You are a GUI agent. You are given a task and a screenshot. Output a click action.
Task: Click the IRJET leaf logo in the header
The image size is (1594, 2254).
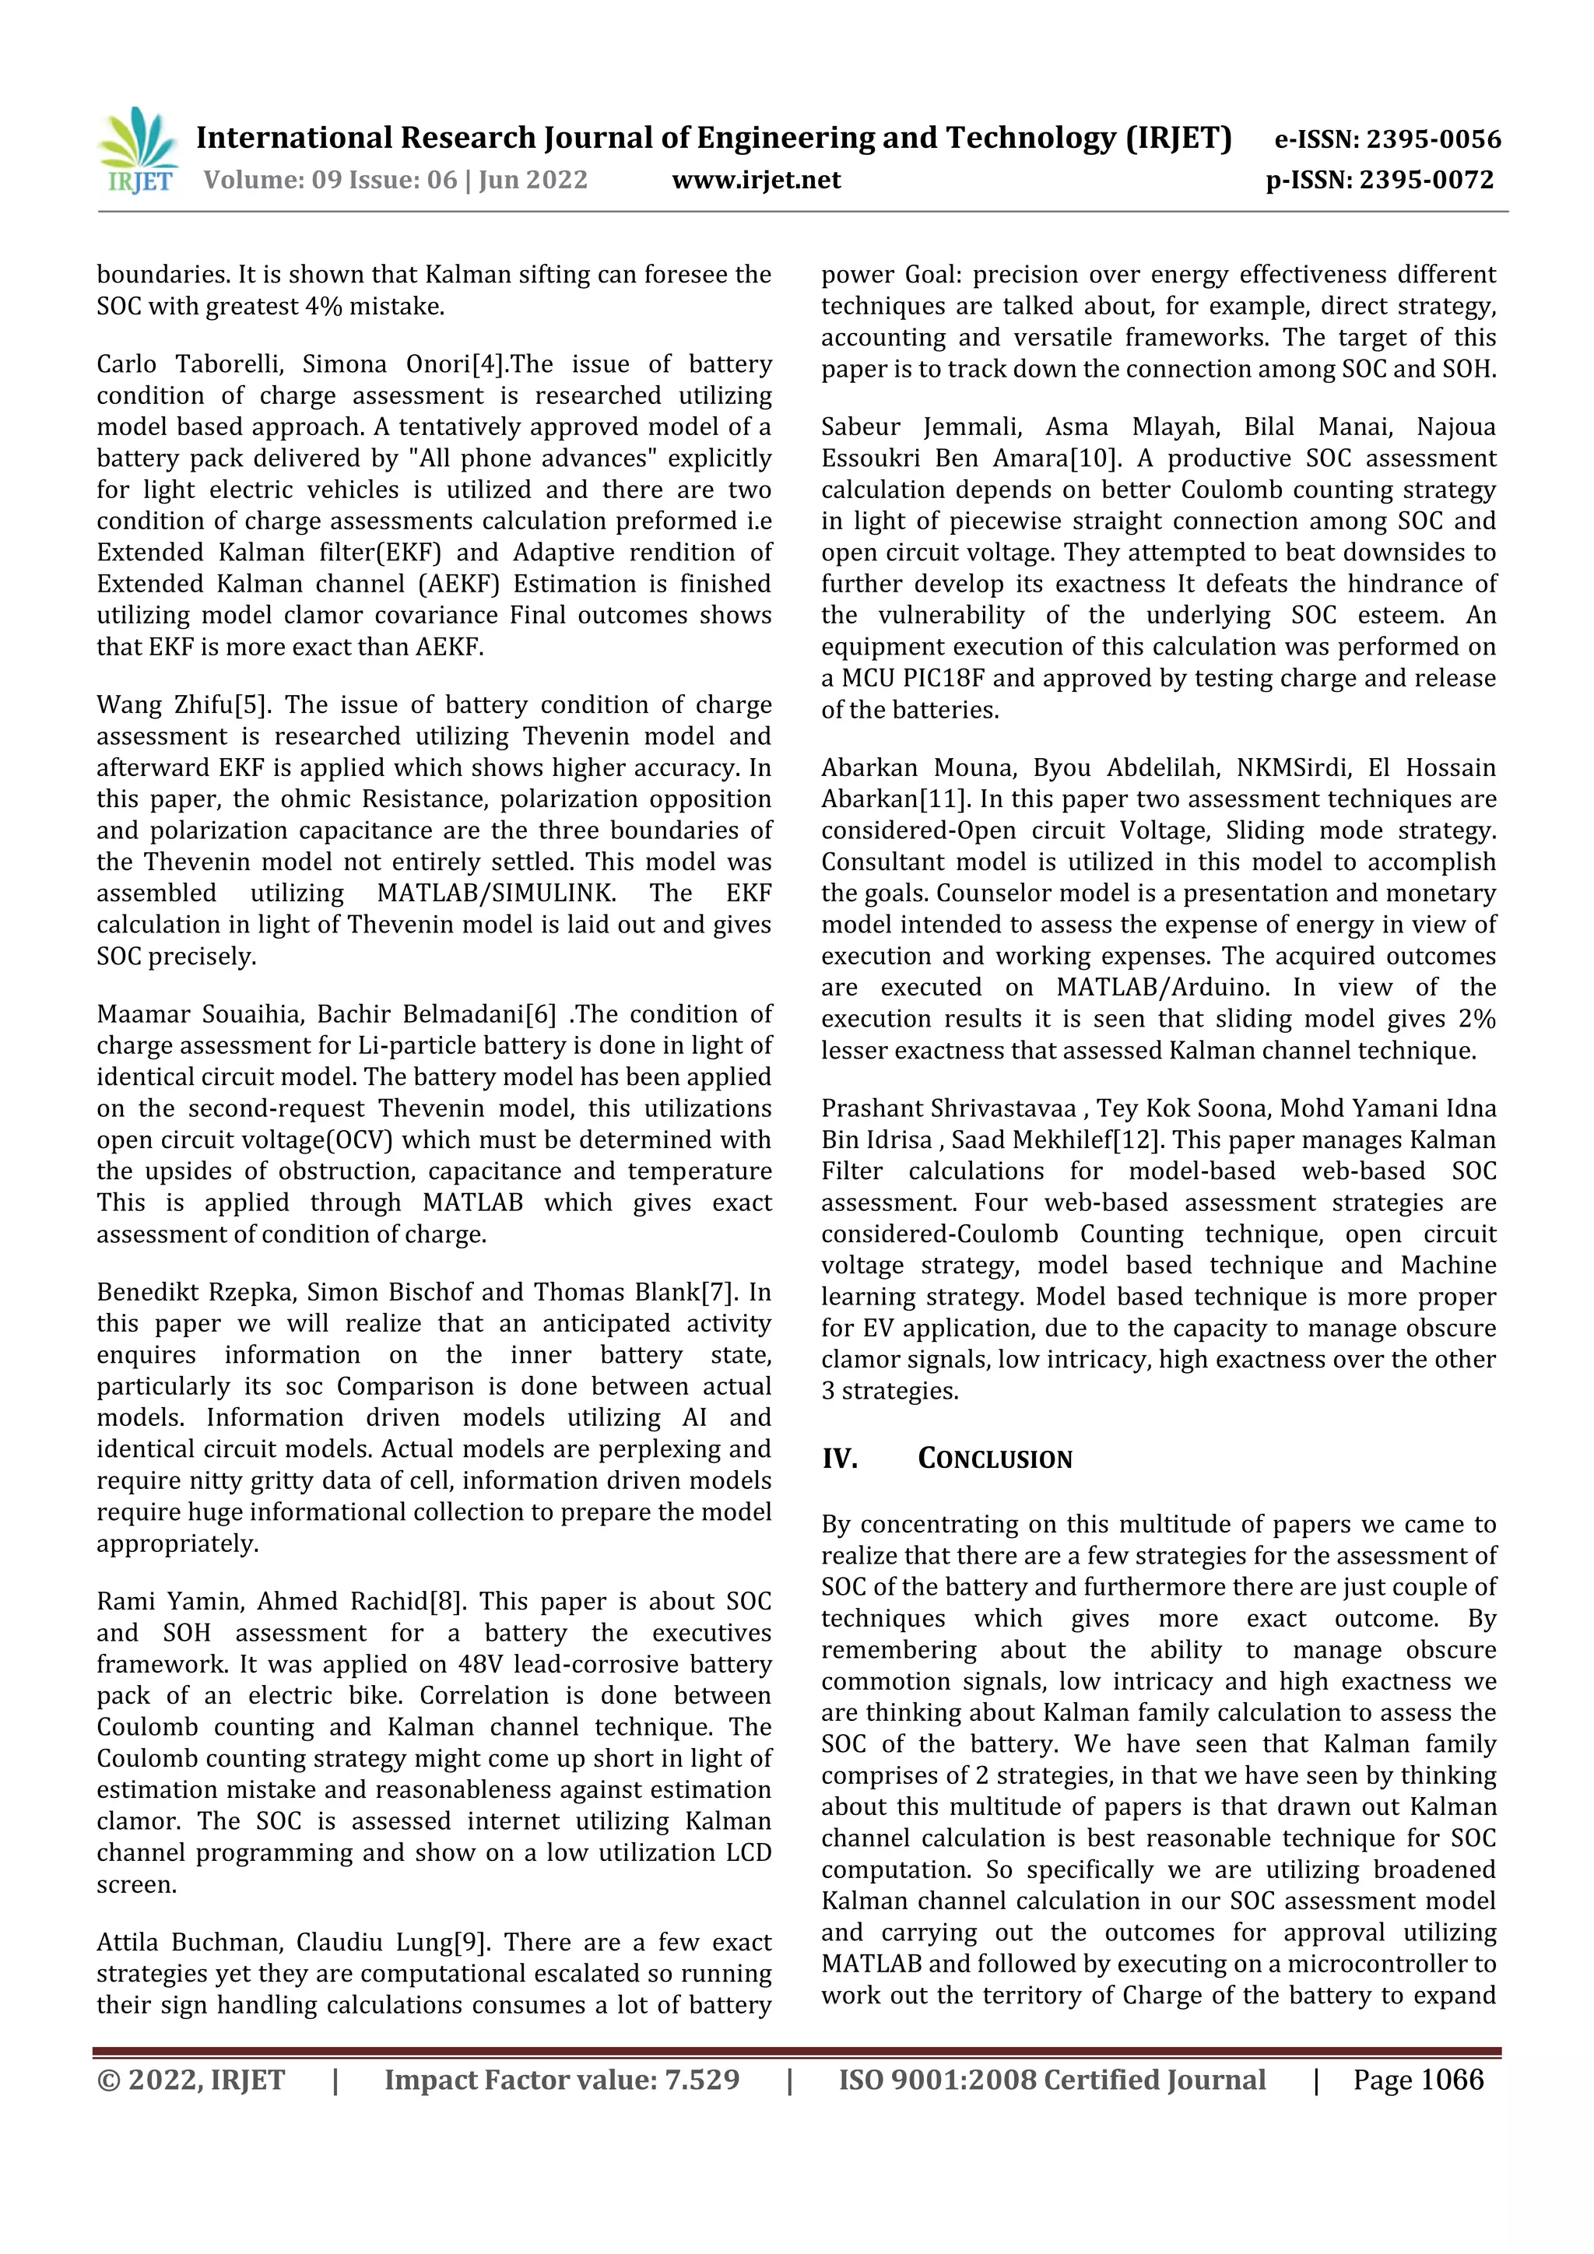click(x=139, y=149)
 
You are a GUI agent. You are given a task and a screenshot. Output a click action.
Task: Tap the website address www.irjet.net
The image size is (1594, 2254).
click(x=756, y=180)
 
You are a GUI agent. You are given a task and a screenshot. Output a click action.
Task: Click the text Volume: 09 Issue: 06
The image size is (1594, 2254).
click(x=330, y=180)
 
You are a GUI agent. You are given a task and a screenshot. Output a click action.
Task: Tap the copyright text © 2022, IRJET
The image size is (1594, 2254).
click(x=191, y=2079)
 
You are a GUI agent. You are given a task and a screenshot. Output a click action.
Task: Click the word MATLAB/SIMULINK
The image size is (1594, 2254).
click(x=497, y=894)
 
